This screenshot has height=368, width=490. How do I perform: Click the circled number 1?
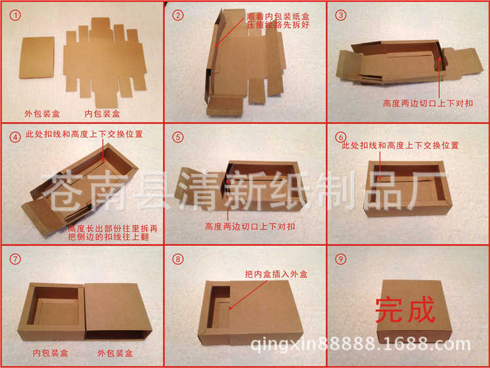14,14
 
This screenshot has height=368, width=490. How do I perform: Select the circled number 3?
340,14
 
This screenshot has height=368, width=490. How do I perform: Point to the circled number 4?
14,137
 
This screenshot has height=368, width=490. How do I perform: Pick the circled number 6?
340,137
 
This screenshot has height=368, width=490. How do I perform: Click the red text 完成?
405,310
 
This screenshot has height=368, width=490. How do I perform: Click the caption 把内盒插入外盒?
275,275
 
